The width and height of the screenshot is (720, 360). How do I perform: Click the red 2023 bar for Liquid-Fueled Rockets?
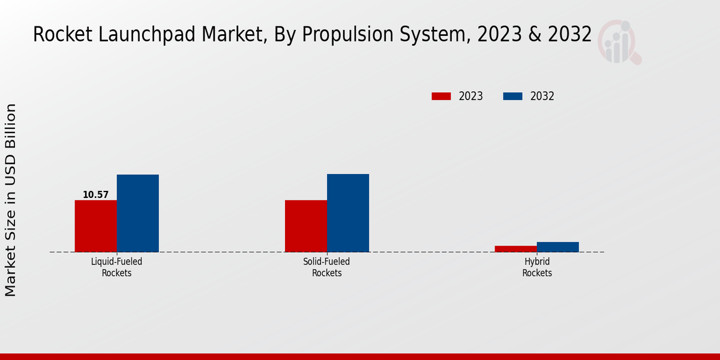point(95,226)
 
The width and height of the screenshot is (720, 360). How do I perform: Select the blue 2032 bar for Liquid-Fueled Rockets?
point(137,213)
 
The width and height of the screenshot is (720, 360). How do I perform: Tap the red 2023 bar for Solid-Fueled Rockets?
point(306,226)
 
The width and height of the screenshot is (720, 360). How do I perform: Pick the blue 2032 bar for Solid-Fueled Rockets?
point(348,213)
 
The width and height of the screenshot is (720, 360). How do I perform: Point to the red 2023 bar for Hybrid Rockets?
point(516,248)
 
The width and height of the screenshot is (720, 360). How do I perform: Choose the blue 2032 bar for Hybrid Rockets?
point(558,247)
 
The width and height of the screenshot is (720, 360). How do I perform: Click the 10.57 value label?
point(95,194)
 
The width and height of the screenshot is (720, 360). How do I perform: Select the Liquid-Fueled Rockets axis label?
point(116,267)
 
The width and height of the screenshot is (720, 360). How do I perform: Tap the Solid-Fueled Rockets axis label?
point(327,267)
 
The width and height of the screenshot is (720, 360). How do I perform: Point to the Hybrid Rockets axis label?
point(537,267)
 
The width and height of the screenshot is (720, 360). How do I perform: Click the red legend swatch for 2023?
point(441,96)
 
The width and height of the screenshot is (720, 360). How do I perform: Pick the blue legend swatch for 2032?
point(512,96)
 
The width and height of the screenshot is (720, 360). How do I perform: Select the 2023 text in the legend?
point(471,96)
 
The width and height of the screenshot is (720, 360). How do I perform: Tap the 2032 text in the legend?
point(542,96)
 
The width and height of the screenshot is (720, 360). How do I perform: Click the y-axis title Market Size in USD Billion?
point(11,200)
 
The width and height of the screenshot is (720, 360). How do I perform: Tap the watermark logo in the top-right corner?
point(619,42)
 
